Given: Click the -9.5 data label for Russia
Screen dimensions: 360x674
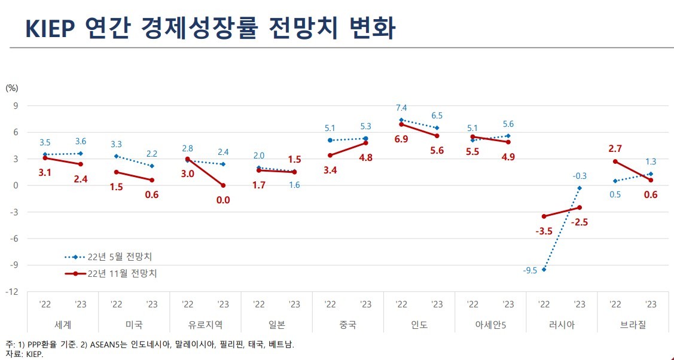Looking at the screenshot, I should click(x=530, y=270).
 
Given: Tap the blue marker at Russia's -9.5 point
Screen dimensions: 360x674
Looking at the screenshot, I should click(x=544, y=270).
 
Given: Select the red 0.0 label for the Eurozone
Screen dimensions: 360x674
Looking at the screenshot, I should click(x=222, y=200).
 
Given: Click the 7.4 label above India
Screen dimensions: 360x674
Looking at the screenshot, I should click(x=401, y=108).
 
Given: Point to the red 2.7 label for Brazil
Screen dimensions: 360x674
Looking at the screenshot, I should click(x=614, y=148).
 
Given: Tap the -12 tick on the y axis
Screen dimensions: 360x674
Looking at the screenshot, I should click(x=12, y=292).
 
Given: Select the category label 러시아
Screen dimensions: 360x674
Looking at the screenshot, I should click(x=562, y=325).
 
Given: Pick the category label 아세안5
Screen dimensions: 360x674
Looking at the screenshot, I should click(x=490, y=325).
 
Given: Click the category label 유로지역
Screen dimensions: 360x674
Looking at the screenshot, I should click(x=205, y=325).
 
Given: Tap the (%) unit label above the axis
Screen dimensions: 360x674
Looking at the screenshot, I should click(x=12, y=88).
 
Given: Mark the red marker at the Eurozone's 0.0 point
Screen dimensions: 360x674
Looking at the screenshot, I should click(x=222, y=185).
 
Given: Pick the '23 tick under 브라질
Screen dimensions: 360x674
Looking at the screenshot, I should click(x=651, y=304).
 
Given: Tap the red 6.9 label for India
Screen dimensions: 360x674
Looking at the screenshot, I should click(x=401, y=138).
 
